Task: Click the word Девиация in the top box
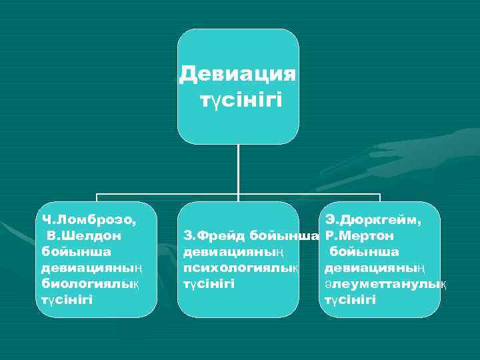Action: coord(238,73)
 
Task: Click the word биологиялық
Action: coord(90,283)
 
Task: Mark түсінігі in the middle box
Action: coord(209,284)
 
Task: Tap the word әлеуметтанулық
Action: coord(385,283)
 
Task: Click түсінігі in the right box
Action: coord(350,299)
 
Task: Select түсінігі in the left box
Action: coord(67,299)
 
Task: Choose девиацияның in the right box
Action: coord(374,267)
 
